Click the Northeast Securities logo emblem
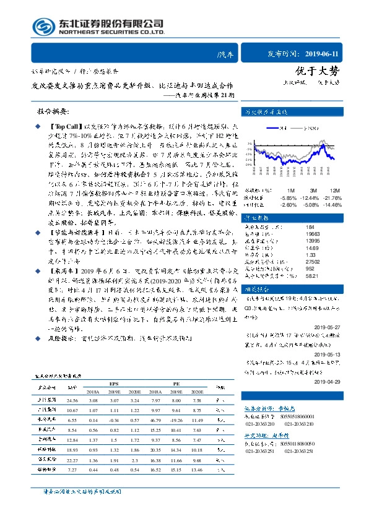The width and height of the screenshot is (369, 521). click(x=41, y=25)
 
